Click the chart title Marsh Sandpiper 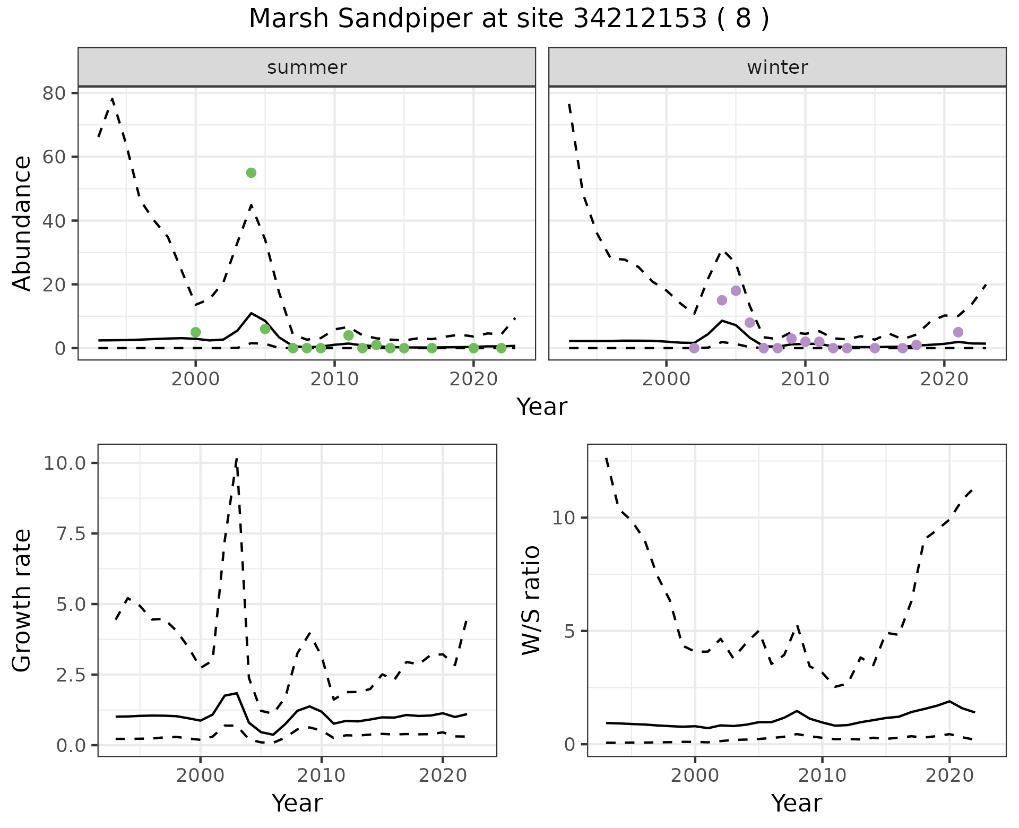[508, 19]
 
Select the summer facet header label [307, 67]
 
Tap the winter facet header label [777, 67]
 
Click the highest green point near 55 [252, 172]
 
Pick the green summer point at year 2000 [195, 332]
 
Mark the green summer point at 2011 [348, 335]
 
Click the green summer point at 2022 [501, 348]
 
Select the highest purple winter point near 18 [736, 291]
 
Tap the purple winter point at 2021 [958, 332]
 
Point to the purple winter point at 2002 [694, 348]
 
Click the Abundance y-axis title [22, 223]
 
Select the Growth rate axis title [22, 601]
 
